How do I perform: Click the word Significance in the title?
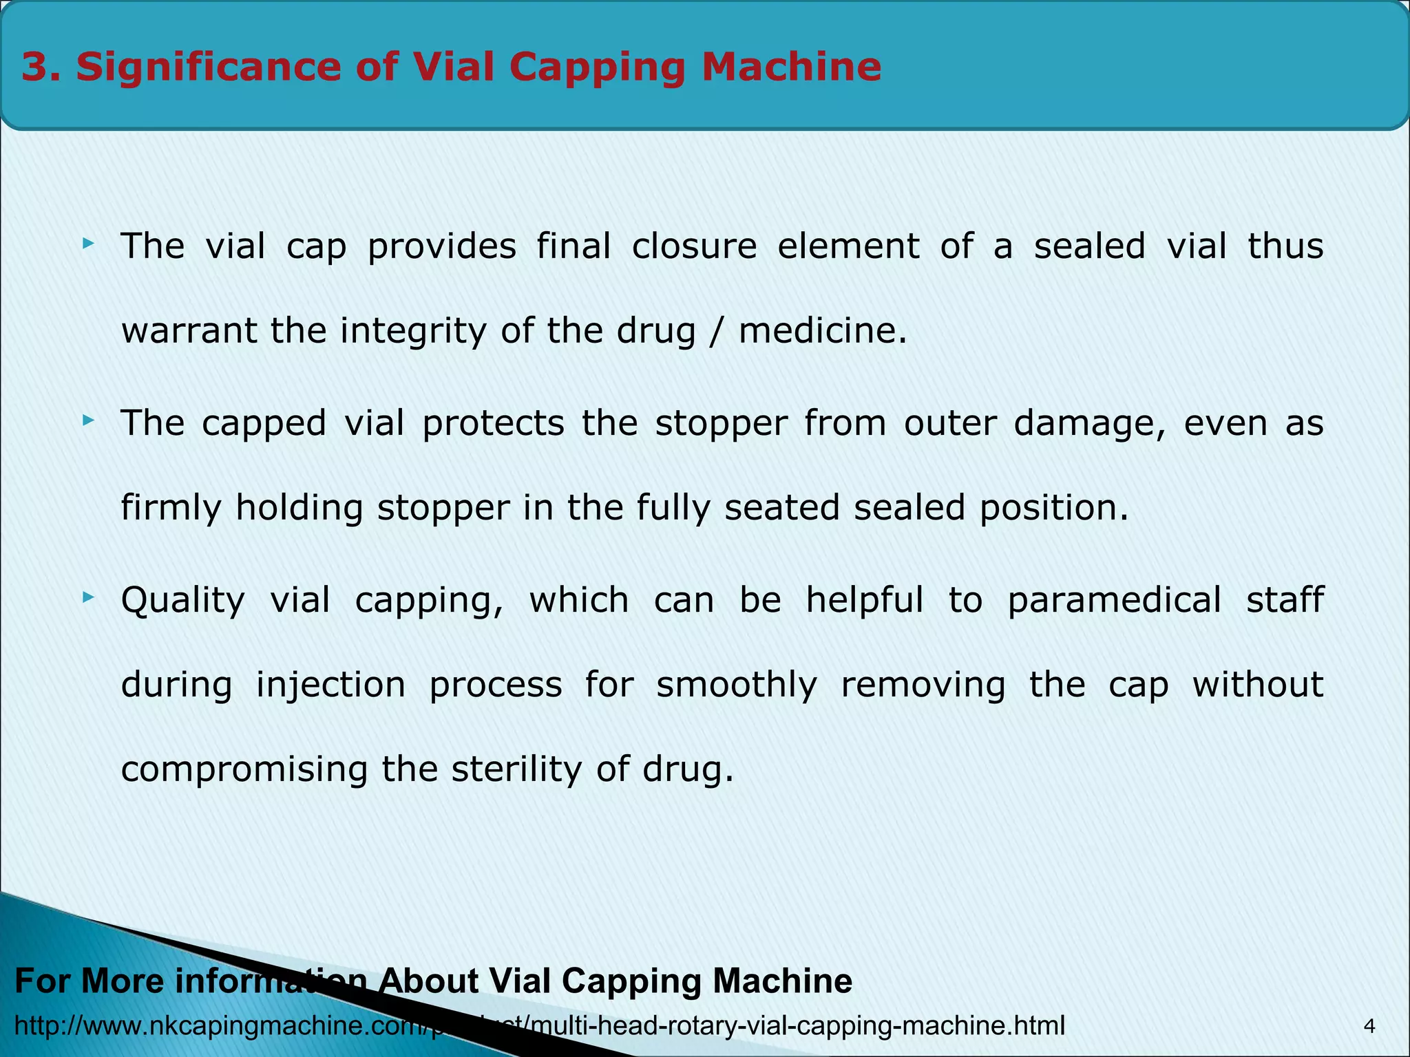(x=206, y=67)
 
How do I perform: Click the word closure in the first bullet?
(x=694, y=246)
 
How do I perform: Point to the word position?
(x=1054, y=509)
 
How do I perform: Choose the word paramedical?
(x=1114, y=601)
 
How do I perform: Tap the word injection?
(x=330, y=685)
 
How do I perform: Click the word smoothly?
(x=737, y=685)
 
